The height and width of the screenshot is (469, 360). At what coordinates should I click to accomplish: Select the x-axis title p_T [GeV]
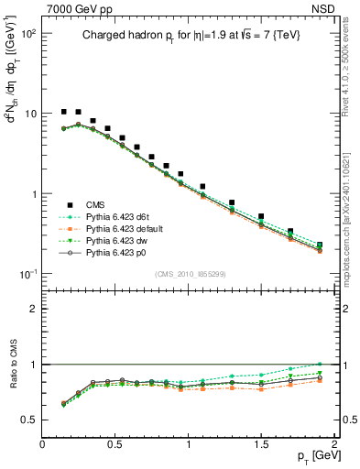313,456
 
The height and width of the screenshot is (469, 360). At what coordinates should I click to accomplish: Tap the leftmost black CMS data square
64,112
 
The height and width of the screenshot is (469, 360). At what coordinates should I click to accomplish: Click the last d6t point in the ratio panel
320,365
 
